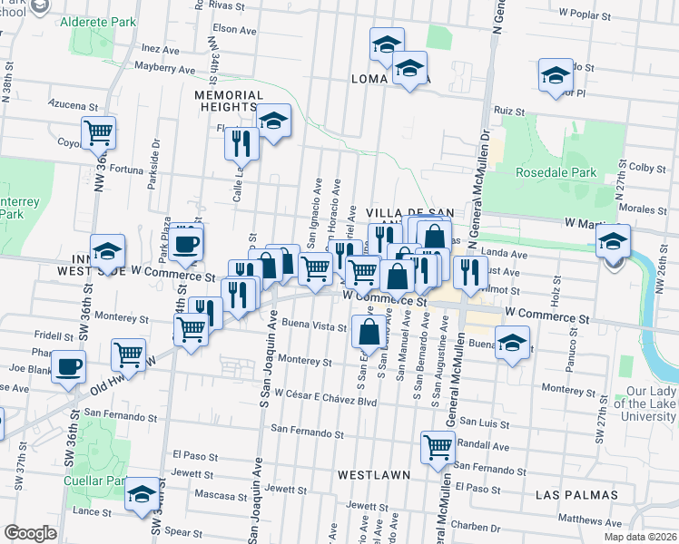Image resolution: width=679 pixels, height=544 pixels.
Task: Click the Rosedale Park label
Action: [x=555, y=172]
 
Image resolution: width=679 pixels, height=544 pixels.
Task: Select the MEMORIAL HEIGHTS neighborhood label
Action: [x=228, y=101]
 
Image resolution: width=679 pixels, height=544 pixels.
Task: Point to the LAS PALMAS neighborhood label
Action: [x=577, y=495]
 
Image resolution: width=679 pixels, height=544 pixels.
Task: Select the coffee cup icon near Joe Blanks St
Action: [x=69, y=367]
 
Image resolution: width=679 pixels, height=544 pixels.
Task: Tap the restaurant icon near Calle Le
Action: [x=241, y=141]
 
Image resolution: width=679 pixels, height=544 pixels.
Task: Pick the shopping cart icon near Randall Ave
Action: [x=438, y=446]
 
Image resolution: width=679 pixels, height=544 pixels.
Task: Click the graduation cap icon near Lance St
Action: [x=141, y=494]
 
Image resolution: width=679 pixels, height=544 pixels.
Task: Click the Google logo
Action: [x=30, y=533]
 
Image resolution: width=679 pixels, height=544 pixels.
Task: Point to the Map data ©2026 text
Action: [x=639, y=536]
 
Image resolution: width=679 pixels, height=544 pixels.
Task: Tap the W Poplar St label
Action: [x=589, y=14]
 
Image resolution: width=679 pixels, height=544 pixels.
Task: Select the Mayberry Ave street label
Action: [x=164, y=68]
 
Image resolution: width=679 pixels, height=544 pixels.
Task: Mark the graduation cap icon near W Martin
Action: [x=613, y=241]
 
